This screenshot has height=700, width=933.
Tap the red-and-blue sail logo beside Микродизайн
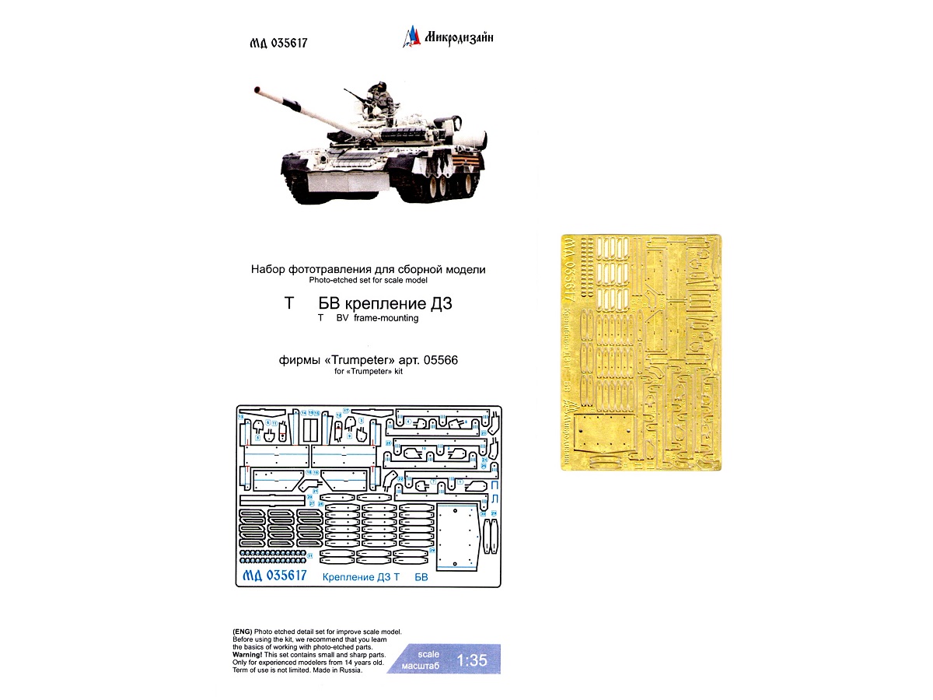tap(412, 35)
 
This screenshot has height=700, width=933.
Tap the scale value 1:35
tap(471, 661)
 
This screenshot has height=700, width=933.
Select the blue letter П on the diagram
tap(494, 484)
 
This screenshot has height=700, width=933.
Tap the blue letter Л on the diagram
tap(494, 499)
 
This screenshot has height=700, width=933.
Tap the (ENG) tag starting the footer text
tap(242, 632)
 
